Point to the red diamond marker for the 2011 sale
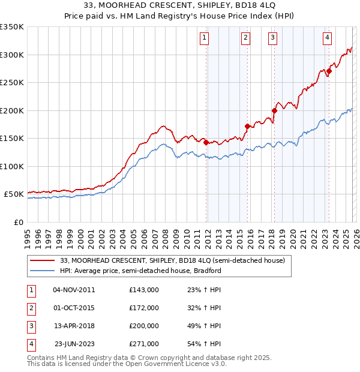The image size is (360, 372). click(x=206, y=143)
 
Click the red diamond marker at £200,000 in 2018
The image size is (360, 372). click(x=274, y=110)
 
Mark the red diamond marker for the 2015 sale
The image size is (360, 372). click(x=247, y=126)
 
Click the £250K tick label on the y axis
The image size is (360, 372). click(x=12, y=83)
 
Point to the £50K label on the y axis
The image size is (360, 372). click(x=14, y=194)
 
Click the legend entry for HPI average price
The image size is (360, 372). click(x=140, y=271)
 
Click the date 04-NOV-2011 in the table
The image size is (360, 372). click(x=74, y=289)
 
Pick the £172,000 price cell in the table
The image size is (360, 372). click(x=143, y=308)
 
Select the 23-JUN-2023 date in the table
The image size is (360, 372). click(x=74, y=344)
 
